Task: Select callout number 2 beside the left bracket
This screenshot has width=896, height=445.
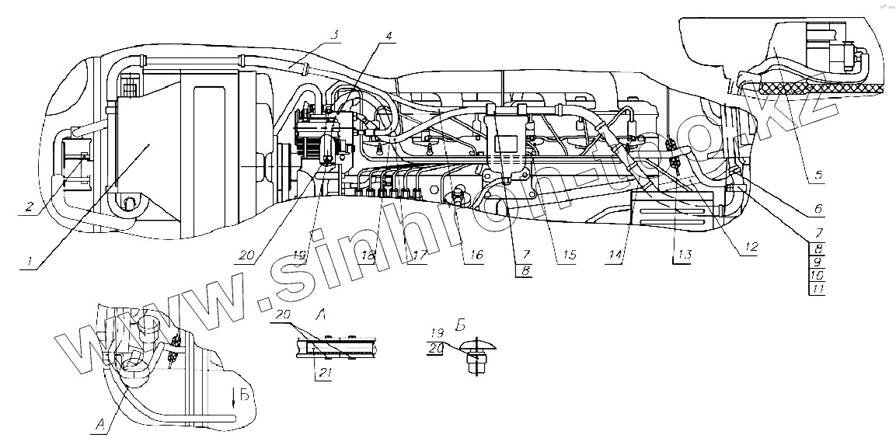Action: point(29,207)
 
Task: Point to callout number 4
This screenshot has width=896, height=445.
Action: point(389,35)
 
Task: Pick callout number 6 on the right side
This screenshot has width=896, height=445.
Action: point(818,209)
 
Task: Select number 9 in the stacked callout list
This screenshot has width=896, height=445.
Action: point(816,262)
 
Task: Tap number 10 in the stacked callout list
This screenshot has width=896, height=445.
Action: point(816,275)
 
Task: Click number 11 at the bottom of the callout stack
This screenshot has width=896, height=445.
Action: point(816,288)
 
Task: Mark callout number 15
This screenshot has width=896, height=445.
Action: point(570,256)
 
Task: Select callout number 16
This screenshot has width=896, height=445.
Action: point(476,256)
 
